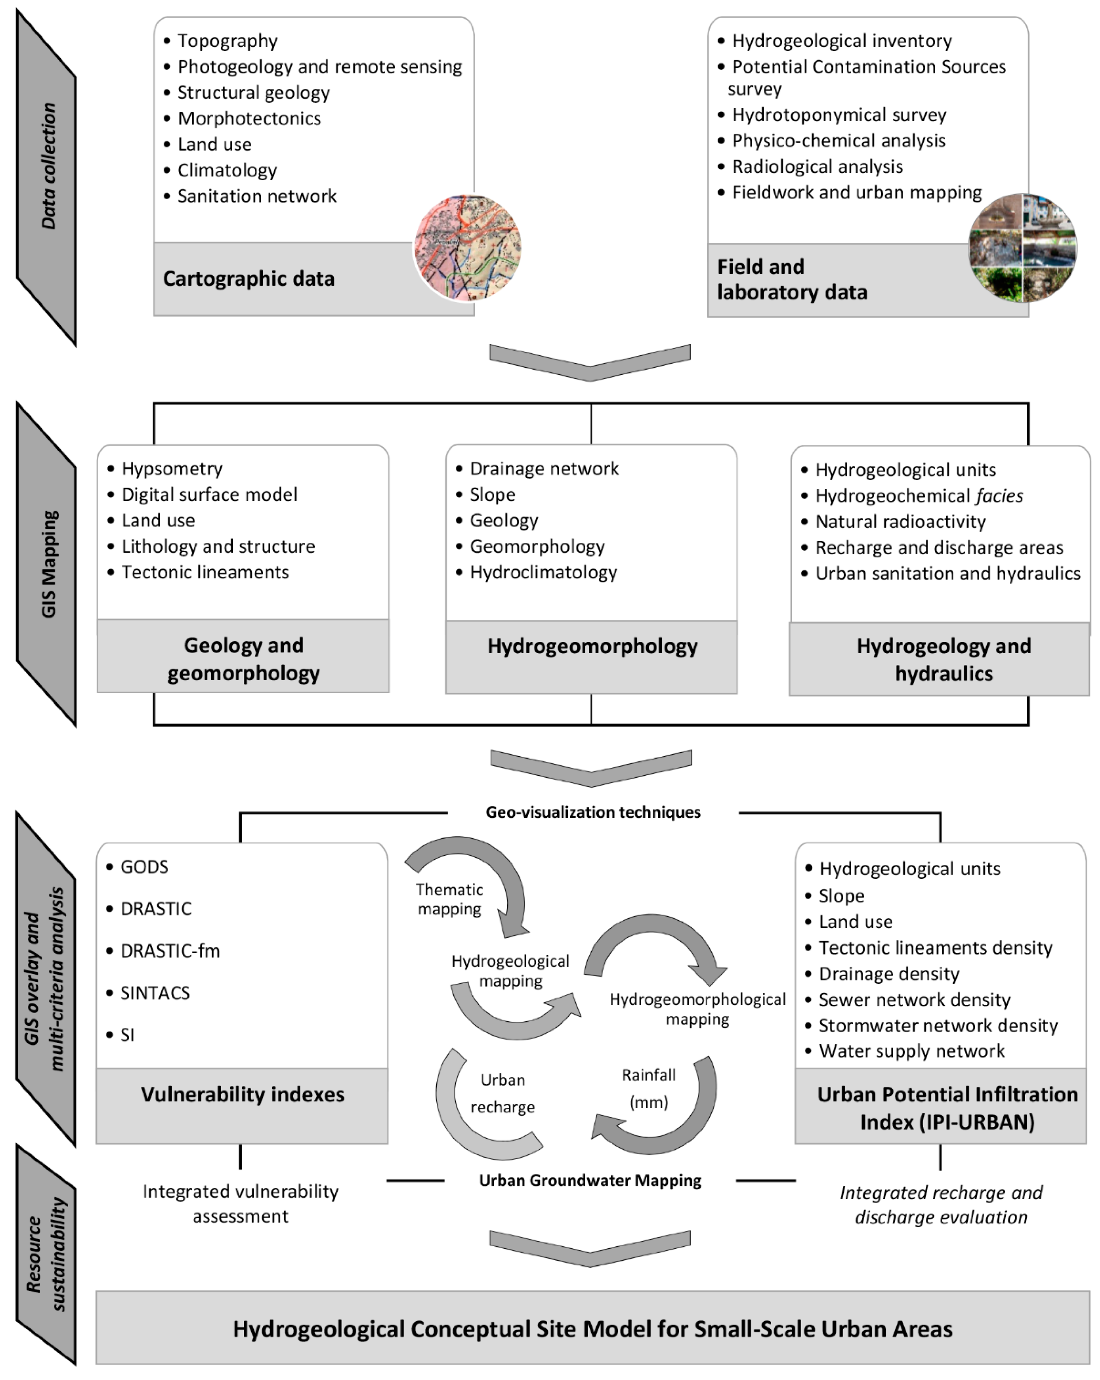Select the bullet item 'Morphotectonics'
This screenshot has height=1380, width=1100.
click(x=249, y=118)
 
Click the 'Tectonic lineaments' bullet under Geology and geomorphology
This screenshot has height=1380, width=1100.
click(x=205, y=572)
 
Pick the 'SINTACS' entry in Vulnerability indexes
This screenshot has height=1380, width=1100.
click(x=155, y=993)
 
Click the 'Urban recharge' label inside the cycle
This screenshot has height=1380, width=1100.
click(x=503, y=1093)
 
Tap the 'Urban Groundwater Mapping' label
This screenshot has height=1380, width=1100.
click(x=590, y=1180)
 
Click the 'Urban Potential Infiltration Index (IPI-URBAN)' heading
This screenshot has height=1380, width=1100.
click(x=947, y=1108)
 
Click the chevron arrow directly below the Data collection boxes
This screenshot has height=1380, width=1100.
click(x=590, y=361)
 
